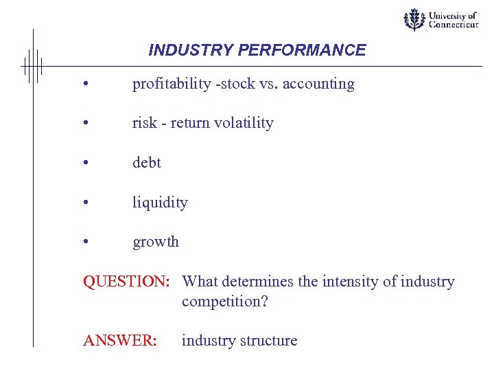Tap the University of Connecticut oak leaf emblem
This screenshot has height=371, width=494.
click(x=414, y=20)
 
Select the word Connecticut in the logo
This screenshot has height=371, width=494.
click(x=453, y=25)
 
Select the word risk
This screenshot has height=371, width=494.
click(x=144, y=124)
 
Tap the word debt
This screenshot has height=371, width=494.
click(x=146, y=163)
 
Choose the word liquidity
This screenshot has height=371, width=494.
click(x=160, y=203)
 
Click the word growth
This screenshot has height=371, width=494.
click(x=156, y=242)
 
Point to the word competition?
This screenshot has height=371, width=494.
click(x=224, y=302)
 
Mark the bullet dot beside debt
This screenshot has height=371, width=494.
click(x=85, y=164)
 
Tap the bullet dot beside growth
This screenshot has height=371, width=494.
click(x=85, y=243)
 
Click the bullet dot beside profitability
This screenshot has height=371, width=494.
click(x=85, y=85)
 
